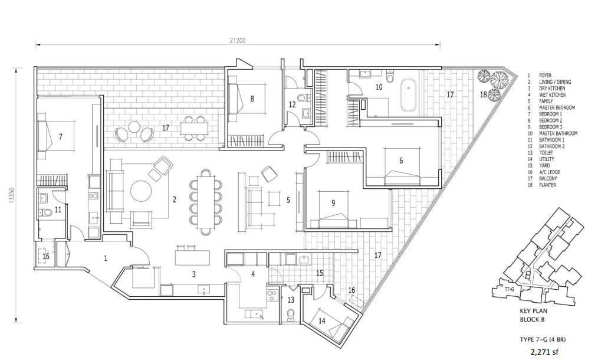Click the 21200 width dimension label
(x=238, y=41)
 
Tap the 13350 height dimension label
(x=12, y=196)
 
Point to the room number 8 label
(x=252, y=99)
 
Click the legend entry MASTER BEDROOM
(x=557, y=107)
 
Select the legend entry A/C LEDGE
(x=550, y=172)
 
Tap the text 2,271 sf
(x=544, y=352)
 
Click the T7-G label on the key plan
(x=509, y=289)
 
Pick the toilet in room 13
(x=291, y=315)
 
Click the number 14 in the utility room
(x=322, y=320)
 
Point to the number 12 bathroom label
(x=292, y=104)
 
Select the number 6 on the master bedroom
(x=401, y=161)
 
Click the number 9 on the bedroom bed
(x=333, y=203)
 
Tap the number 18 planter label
(x=483, y=94)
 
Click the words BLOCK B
(x=532, y=319)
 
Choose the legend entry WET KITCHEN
(x=552, y=94)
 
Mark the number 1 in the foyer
(x=106, y=258)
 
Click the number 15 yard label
(x=320, y=273)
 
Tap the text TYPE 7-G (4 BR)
(x=543, y=339)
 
